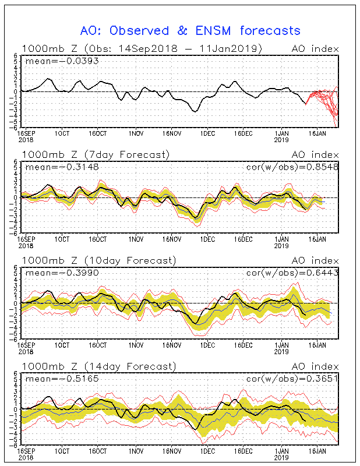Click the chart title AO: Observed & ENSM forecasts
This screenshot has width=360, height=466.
point(190,30)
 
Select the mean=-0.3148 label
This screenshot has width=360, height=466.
point(52,167)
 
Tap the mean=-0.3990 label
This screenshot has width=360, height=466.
point(52,272)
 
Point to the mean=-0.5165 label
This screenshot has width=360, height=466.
point(52,378)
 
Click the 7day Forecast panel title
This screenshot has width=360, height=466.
point(96,154)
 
